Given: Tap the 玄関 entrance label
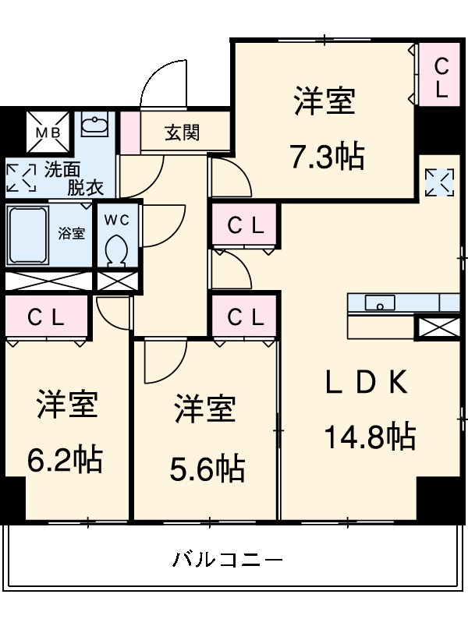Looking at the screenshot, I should pos(182,133).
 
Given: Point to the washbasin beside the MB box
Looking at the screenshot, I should pos(95,126).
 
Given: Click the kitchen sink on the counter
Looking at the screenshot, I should pos(380,302).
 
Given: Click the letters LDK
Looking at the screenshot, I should pos(367,381).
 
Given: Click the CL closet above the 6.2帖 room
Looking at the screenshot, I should pos(47,317).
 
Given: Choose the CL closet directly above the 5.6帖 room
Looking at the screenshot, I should pos(245,317).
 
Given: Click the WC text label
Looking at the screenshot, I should pos(117,219).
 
